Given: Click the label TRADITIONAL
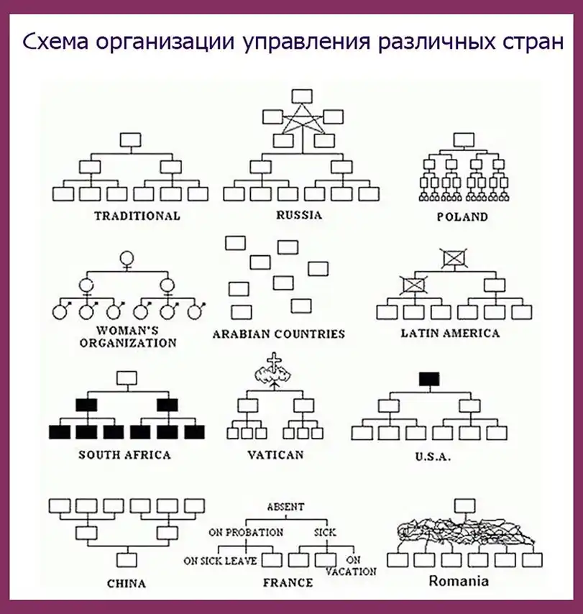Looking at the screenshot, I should tap(137, 216).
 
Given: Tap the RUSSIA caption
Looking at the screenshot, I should tap(299, 215).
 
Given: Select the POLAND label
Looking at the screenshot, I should tap(462, 216).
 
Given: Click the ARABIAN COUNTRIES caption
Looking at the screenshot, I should tap(279, 334).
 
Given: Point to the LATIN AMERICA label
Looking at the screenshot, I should tap(450, 333).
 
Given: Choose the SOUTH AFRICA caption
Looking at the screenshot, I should tap(124, 454).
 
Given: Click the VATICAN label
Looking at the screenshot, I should tap(275, 454).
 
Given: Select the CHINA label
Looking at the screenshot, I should tap(126, 582).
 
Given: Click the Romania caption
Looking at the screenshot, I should tap(459, 581).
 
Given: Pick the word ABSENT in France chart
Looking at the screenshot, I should tap(285, 507).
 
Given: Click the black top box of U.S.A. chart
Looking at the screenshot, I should tap(429, 379).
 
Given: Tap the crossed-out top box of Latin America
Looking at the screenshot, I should tap(454, 257).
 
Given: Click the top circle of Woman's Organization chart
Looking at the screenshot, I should tap(128, 257).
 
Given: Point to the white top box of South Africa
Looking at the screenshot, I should tap(127, 378).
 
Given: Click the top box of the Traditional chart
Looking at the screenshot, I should tap(130, 139).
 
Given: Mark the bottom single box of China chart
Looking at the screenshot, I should tap(128, 559).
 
